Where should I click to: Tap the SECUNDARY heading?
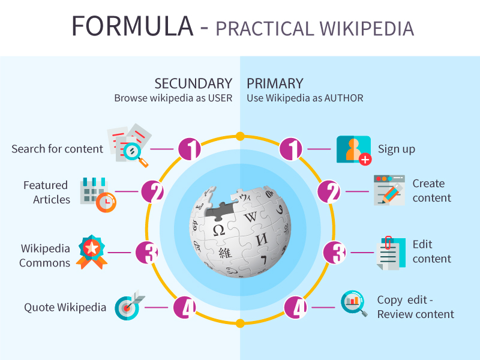[x=193, y=83]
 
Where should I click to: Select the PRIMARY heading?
[x=275, y=83]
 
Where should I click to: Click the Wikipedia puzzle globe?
[x=239, y=230]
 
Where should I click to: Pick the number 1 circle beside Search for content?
[x=190, y=149]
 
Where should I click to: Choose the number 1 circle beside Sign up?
[x=291, y=149]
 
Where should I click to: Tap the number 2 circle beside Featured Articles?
[x=153, y=192]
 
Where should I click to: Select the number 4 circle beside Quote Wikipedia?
[x=185, y=308]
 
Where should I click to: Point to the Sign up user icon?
[x=353, y=150]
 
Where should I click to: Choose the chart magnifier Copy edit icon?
[x=353, y=304]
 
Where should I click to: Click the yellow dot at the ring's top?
[x=240, y=136]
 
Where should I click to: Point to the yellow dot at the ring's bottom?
[x=240, y=323]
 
